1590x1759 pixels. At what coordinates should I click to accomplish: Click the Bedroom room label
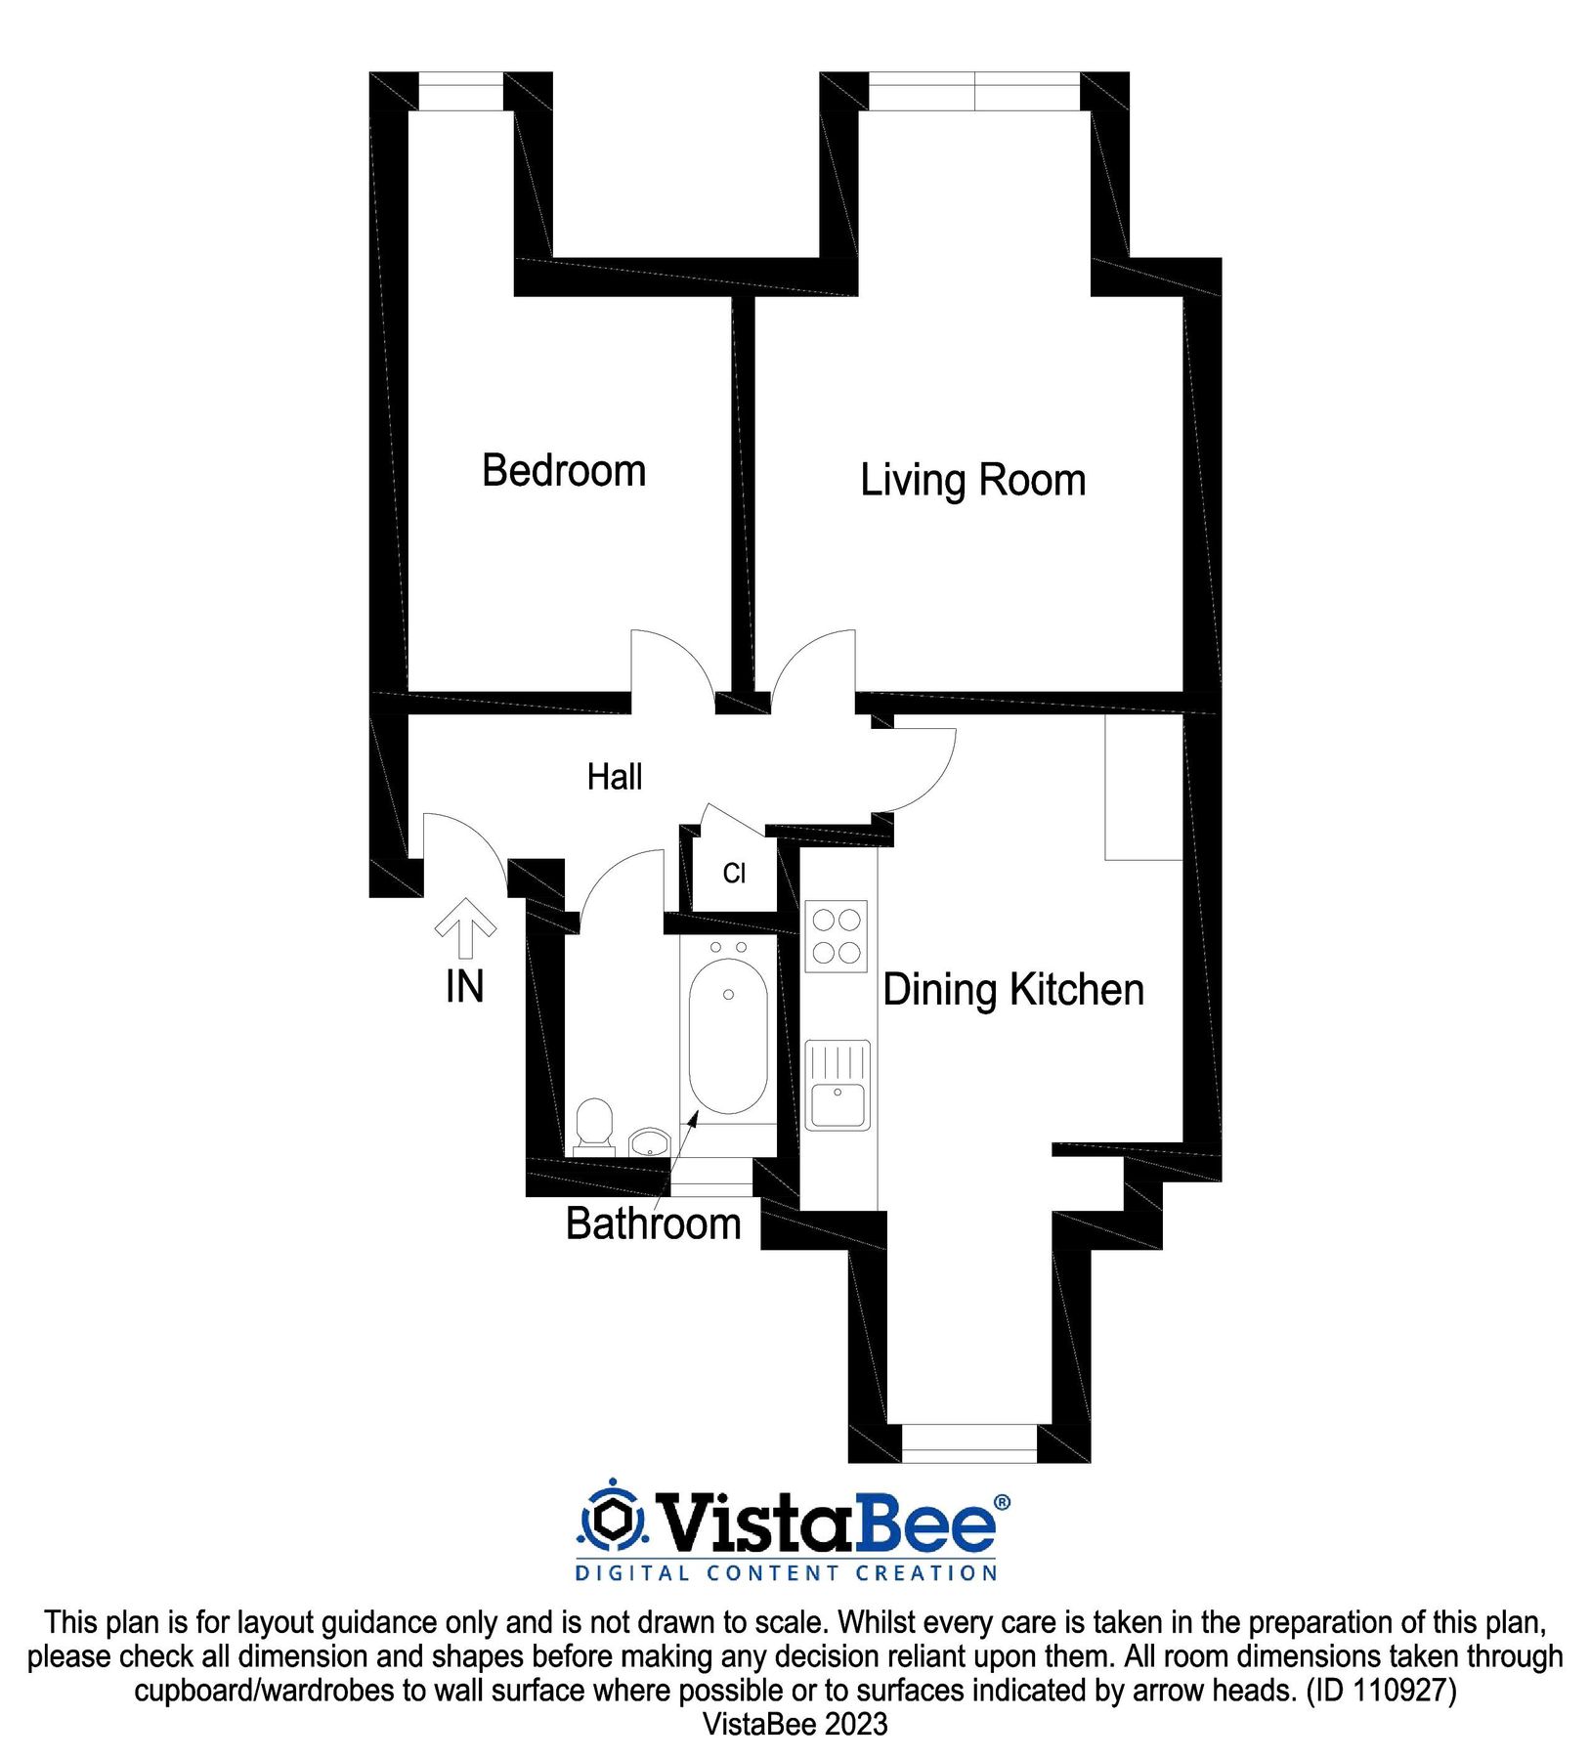(564, 471)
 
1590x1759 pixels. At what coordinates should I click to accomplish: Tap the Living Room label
(972, 481)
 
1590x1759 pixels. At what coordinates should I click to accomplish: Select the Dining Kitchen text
(1013, 990)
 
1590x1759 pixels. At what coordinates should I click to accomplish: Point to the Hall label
(614, 777)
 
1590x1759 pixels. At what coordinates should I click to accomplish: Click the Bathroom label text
(653, 1223)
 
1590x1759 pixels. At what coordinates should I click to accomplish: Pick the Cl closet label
(734, 873)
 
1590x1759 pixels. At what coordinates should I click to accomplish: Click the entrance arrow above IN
(465, 925)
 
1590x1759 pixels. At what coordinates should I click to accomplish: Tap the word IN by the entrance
(465, 987)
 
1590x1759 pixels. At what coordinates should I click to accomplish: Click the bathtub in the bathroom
(728, 1036)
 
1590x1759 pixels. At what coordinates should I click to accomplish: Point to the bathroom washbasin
(648, 1141)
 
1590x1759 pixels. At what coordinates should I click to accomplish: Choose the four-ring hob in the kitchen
(836, 935)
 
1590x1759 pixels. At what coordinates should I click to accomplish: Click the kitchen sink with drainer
(837, 1085)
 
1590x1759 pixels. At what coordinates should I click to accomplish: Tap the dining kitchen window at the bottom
(967, 1442)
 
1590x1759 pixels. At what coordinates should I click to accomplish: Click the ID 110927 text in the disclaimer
(1381, 1690)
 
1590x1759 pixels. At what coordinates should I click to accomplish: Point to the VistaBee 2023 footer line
(795, 1724)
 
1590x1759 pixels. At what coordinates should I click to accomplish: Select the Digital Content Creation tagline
(787, 1573)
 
